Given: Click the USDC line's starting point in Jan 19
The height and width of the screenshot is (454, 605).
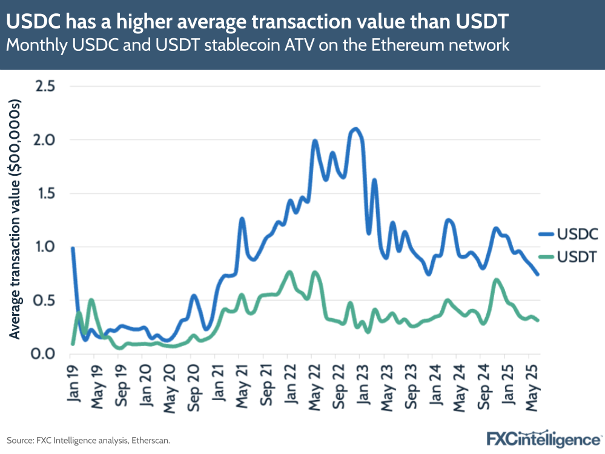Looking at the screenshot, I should coord(72,248).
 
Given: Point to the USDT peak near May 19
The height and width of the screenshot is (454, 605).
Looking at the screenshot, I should coord(91,299).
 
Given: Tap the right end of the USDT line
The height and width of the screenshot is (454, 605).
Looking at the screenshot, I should coord(538,320).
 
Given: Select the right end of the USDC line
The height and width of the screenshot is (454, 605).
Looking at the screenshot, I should coord(538,275).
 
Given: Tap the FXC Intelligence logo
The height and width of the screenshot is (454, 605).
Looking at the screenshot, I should coord(544,438).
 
